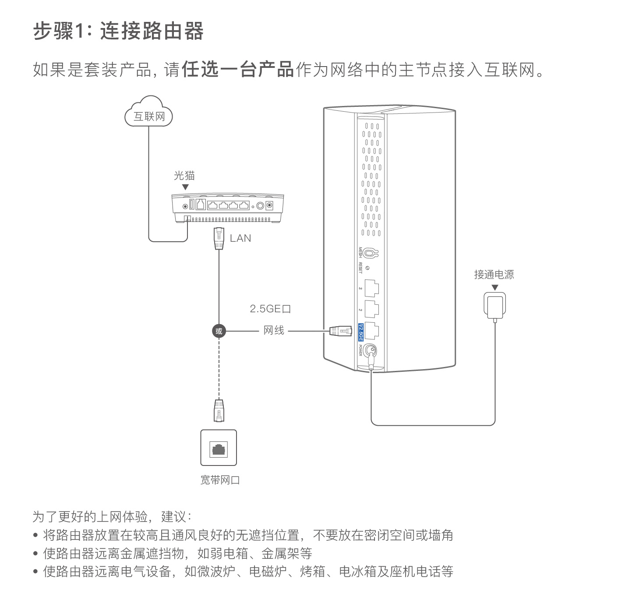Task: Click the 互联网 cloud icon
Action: (x=149, y=113)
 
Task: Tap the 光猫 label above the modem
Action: (x=184, y=176)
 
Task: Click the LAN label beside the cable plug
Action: (x=240, y=238)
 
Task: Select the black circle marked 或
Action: (x=219, y=331)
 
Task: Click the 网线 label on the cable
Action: (x=274, y=331)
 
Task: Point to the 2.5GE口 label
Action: (x=270, y=309)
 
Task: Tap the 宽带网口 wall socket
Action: (x=219, y=448)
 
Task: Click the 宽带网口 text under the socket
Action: (x=220, y=480)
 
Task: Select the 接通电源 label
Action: (x=494, y=275)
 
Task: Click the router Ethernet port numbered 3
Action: (x=371, y=288)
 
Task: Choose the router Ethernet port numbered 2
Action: (x=371, y=309)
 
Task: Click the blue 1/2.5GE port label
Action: (x=361, y=332)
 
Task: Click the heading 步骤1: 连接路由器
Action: (x=118, y=32)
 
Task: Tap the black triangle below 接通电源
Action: (x=495, y=288)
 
